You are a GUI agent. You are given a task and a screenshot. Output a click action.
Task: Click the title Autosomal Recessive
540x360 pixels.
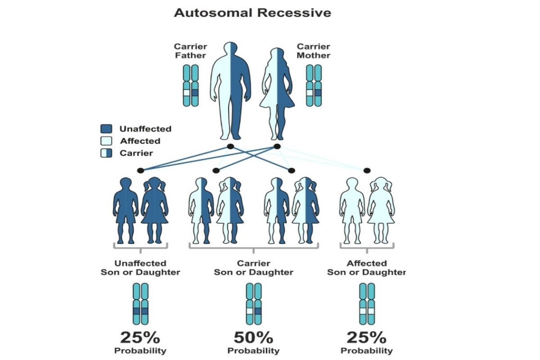(252, 13)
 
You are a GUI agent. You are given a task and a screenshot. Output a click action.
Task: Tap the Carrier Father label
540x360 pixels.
(190, 51)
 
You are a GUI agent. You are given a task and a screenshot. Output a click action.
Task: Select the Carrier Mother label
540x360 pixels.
(314, 51)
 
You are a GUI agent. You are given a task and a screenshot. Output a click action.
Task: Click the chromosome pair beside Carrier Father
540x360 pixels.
(191, 85)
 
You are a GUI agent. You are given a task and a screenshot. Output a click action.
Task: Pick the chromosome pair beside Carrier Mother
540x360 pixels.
(314, 85)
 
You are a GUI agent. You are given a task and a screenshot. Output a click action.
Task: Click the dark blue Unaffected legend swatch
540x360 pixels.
(107, 129)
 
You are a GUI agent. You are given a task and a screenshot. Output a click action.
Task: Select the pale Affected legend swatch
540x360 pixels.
(107, 141)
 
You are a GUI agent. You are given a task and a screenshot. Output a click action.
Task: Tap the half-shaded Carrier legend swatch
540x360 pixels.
(107, 153)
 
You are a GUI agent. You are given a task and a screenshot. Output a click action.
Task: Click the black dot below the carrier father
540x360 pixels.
(230, 147)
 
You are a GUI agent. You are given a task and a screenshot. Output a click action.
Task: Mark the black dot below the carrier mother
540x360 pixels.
(277, 147)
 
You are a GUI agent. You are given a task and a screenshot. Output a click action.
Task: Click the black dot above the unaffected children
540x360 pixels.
(140, 171)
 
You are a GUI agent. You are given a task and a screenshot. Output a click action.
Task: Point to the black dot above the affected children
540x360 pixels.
(367, 171)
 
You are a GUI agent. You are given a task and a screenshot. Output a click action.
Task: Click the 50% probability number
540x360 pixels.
(253, 337)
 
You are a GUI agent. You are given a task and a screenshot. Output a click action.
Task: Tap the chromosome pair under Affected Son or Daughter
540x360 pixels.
(367, 304)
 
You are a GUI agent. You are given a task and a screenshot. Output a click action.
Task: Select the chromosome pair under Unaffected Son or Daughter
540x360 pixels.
(140, 304)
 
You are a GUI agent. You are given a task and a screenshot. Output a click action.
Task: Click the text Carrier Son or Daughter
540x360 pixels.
(253, 268)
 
